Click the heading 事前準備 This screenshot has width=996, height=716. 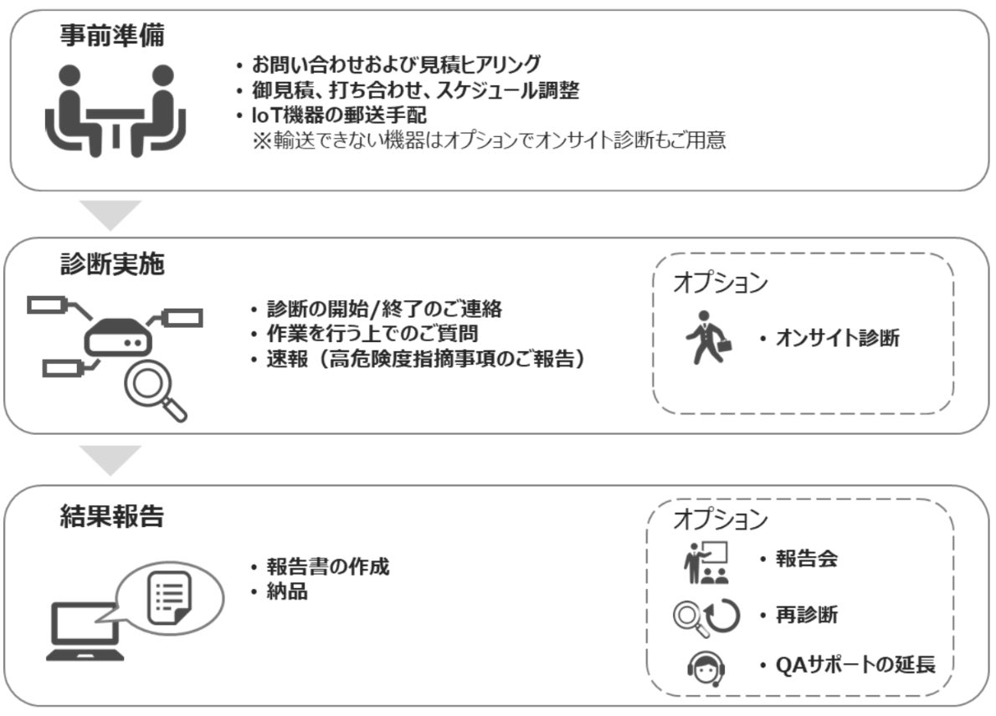(112, 35)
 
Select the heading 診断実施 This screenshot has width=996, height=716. (112, 263)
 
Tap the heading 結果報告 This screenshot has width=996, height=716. (112, 515)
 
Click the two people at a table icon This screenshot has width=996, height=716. (116, 110)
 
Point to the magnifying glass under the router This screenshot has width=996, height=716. (154, 391)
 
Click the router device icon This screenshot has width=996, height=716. (118, 336)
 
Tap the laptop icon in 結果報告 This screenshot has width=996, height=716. (85, 632)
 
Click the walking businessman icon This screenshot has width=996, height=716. (708, 337)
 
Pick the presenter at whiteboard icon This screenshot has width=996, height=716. (706, 562)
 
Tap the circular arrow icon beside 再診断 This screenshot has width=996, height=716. (723, 616)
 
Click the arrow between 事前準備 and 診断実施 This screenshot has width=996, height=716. (110, 215)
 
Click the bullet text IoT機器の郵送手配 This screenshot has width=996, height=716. (339, 115)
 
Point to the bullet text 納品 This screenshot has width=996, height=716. (287, 591)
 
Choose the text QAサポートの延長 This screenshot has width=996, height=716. (855, 665)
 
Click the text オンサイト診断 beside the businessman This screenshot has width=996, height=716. (838, 338)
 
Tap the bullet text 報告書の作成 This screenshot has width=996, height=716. (328, 565)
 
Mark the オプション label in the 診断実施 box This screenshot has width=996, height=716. (721, 283)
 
